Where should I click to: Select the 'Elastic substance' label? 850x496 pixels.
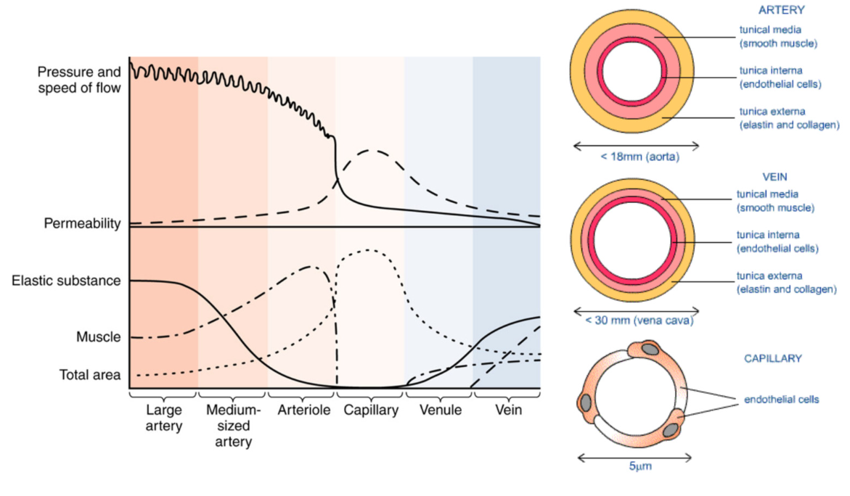[x=66, y=281]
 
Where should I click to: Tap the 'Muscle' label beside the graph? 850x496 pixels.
[x=98, y=337]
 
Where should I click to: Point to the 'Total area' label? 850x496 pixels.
[x=89, y=376]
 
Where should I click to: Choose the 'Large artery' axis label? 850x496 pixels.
[x=163, y=418]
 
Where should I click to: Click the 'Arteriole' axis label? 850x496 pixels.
[x=303, y=410]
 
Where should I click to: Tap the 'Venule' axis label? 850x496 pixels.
[x=440, y=410]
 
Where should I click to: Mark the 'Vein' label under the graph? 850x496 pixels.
[x=508, y=410]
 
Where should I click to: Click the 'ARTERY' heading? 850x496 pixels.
[x=781, y=10]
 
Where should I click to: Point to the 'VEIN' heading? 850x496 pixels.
[x=776, y=177]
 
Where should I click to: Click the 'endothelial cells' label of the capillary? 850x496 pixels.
[x=782, y=400]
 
